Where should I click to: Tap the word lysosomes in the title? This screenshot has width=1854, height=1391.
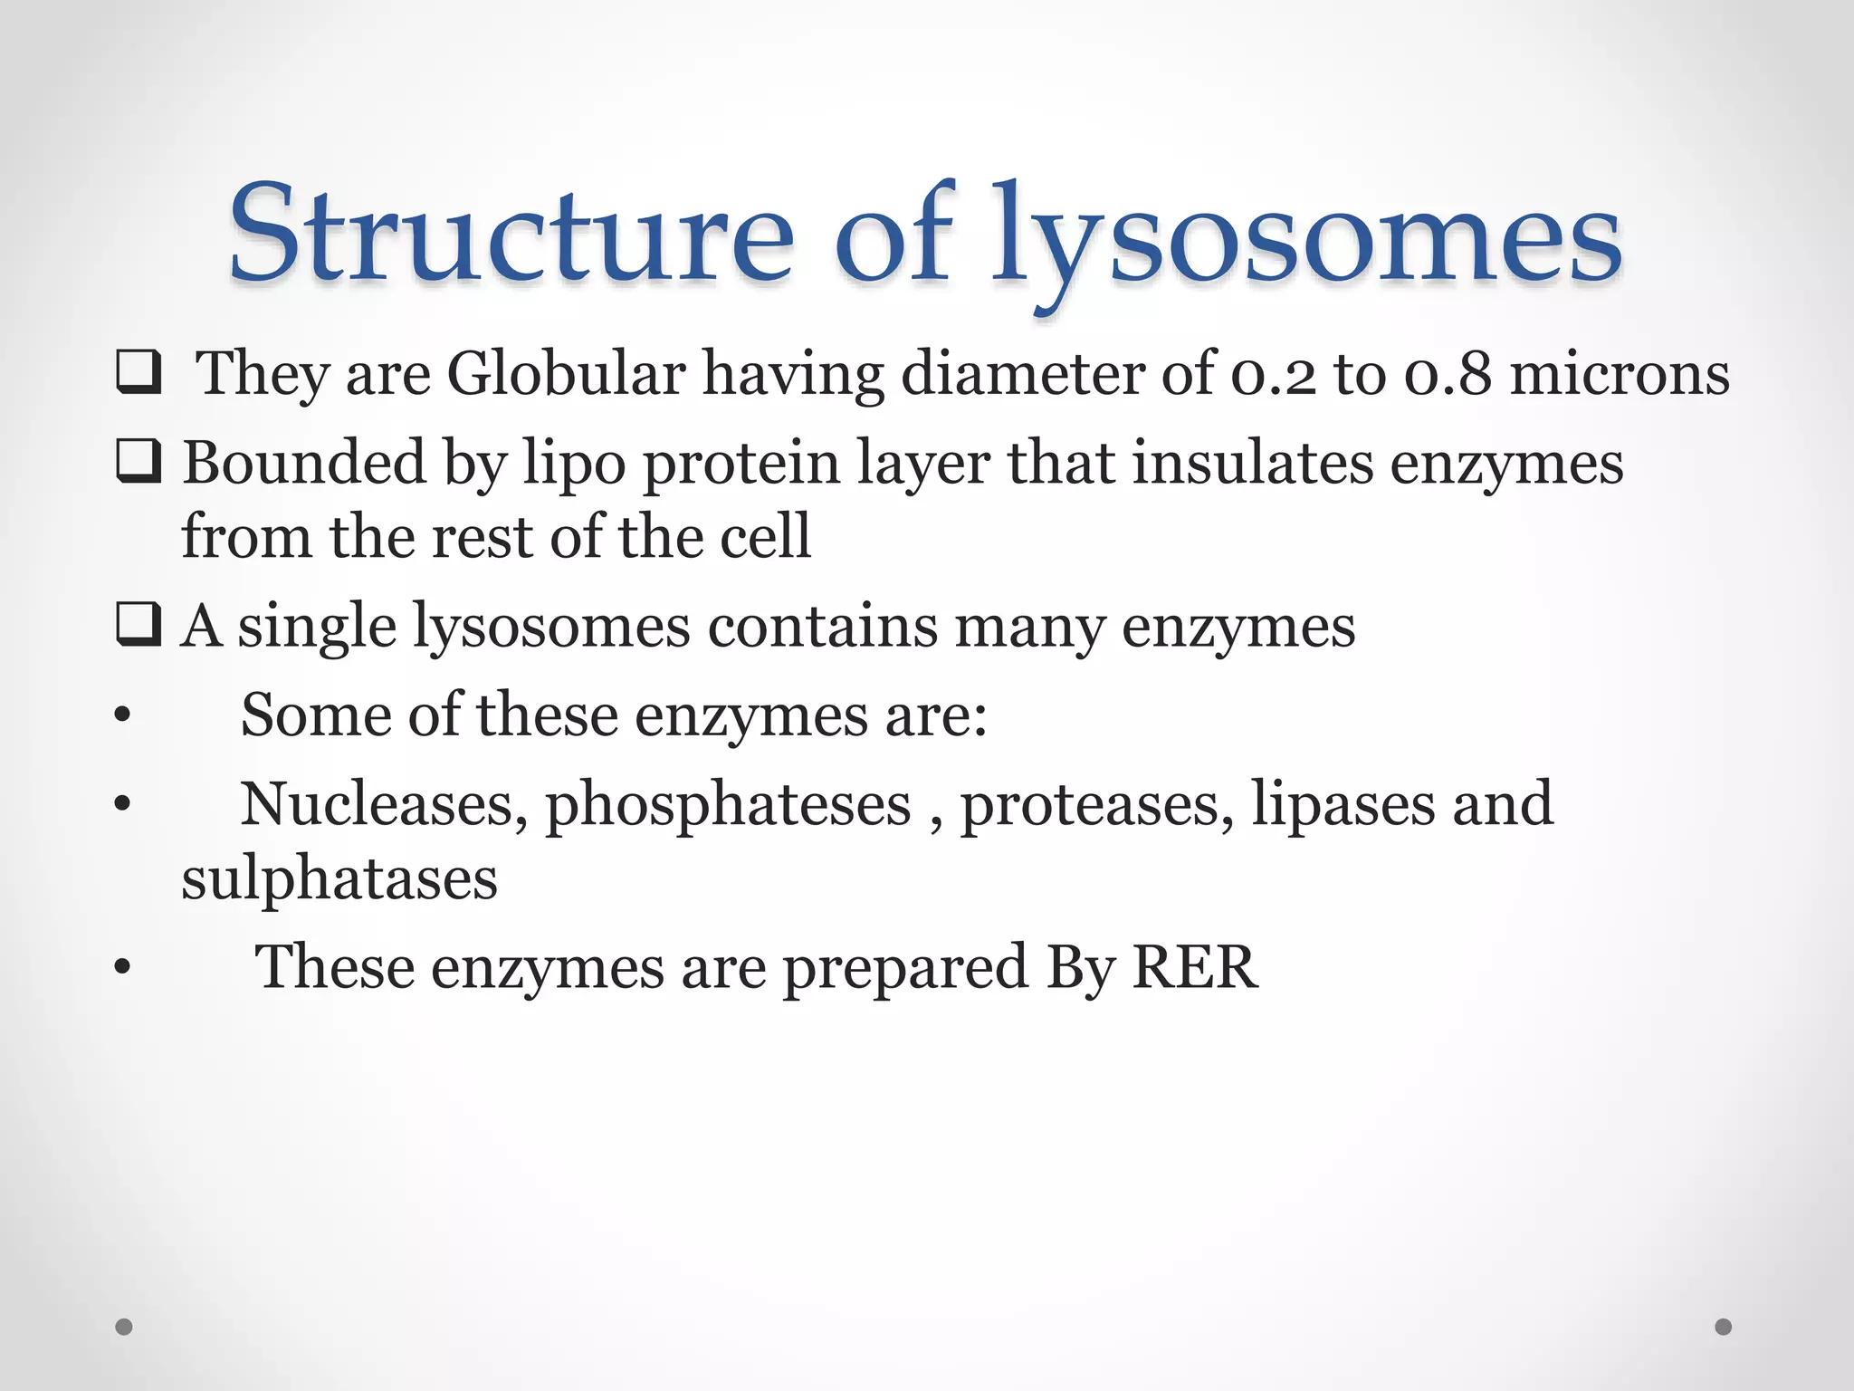(x=1306, y=237)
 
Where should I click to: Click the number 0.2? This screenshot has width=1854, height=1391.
(x=1273, y=374)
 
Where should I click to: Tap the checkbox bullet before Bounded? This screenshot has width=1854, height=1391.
(x=139, y=462)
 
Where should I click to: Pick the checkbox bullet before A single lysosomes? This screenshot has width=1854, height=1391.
(x=139, y=625)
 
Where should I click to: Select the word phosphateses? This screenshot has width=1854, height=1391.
(x=728, y=804)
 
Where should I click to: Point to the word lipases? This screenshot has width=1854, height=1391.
(x=1343, y=804)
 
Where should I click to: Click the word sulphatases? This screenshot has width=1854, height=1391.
(x=339, y=878)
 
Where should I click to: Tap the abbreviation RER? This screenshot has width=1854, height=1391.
(x=1195, y=966)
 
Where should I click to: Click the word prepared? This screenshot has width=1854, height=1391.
(x=904, y=968)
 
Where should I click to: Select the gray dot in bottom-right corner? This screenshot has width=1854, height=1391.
(x=1724, y=1327)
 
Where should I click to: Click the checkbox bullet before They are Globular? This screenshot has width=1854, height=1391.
(x=139, y=374)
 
